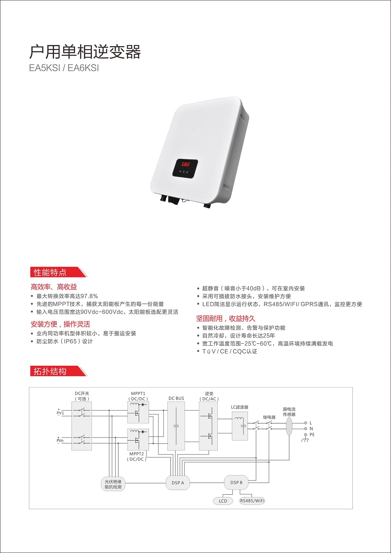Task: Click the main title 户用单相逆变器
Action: tap(85, 52)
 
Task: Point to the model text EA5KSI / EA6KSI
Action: tap(64, 68)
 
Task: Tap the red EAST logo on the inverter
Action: tap(186, 164)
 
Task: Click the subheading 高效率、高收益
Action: tap(54, 287)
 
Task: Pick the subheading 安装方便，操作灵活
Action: tap(60, 324)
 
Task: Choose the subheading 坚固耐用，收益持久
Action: tap(226, 319)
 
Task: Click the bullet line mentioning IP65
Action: tap(65, 341)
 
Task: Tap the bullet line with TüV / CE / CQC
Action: tap(230, 351)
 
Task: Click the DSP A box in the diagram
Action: tap(178, 483)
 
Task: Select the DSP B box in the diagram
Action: tap(236, 483)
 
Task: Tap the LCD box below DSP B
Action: tap(223, 501)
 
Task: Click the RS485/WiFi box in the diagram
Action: tap(252, 501)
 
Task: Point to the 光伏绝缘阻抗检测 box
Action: tap(113, 484)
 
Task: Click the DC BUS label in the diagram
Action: tap(176, 398)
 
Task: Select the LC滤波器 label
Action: tap(240, 407)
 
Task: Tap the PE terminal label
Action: tap(312, 434)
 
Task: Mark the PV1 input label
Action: tap(60, 413)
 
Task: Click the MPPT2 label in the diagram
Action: tap(137, 454)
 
